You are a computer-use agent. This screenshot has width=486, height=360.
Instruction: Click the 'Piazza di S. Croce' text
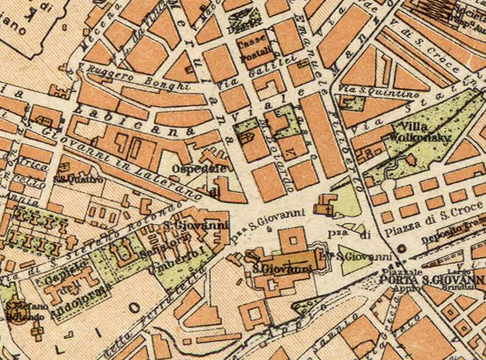coord(425,231)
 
